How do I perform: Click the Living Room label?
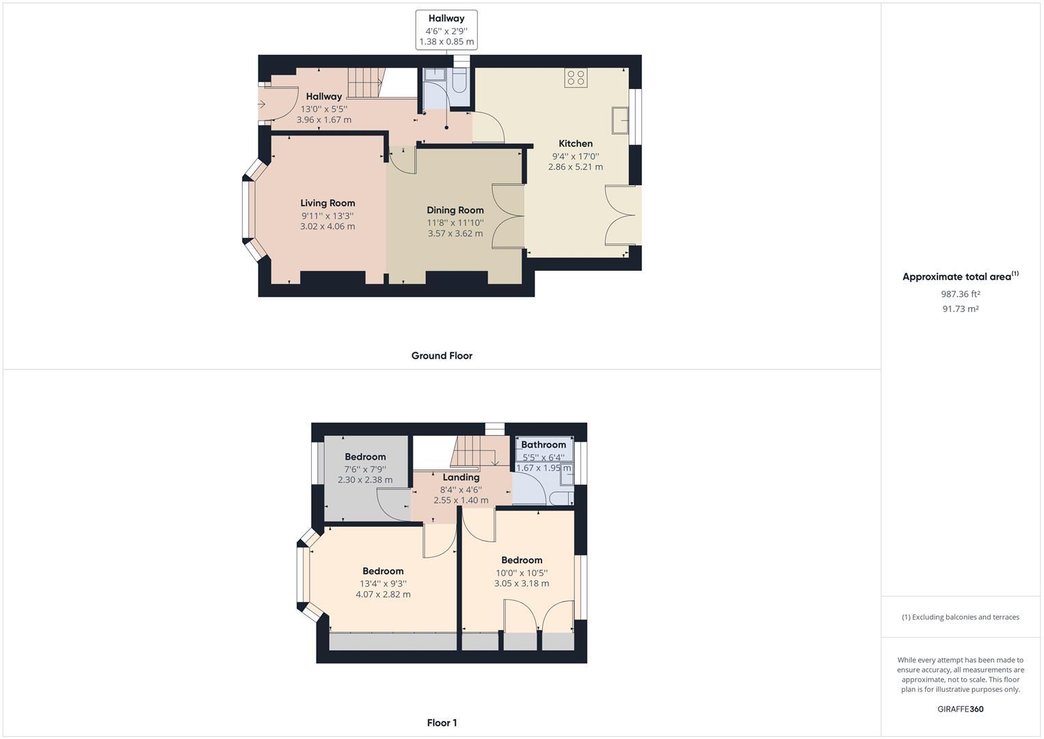[327, 203]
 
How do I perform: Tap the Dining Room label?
[455, 210]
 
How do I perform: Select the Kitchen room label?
[576, 144]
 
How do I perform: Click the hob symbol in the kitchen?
[576, 78]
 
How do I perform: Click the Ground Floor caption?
[442, 356]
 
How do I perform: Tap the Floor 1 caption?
[442, 723]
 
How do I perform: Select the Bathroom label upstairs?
[544, 445]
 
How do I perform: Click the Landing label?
[461, 478]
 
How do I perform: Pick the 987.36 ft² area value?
[960, 294]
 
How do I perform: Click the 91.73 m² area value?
[960, 309]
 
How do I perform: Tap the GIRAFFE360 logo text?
[960, 709]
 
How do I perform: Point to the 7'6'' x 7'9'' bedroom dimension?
[365, 469]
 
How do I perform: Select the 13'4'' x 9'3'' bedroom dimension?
[383, 584]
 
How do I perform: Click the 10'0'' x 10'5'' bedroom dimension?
[522, 573]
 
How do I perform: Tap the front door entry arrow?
[262, 104]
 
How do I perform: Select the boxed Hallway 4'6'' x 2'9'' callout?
[446, 29]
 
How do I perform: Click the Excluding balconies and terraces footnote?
[960, 617]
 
